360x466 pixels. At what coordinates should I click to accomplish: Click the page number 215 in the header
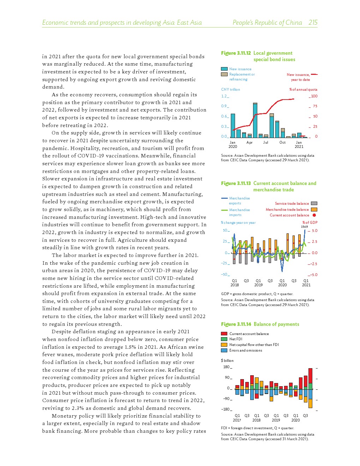point(313,23)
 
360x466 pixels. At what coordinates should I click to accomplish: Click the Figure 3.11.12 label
point(236,53)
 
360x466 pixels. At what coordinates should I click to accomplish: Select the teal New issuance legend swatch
point(224,69)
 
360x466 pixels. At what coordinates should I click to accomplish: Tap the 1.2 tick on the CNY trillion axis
point(224,96)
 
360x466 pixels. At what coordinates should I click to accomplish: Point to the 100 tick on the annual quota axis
point(314,96)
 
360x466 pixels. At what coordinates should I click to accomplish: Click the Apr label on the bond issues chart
point(250,143)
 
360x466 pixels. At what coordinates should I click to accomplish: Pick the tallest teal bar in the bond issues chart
point(255,121)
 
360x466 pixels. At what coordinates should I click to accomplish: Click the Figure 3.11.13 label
point(236,183)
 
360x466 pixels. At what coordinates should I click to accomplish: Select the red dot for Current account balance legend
point(314,215)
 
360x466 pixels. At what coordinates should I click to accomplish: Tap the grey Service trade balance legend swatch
point(314,203)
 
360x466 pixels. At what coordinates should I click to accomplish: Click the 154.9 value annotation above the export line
point(304,227)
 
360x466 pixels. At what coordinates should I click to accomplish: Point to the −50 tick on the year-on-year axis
point(224,274)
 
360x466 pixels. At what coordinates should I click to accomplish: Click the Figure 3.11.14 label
point(236,324)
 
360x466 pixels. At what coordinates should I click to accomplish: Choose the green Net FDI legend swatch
point(224,339)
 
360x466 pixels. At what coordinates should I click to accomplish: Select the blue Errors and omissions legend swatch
point(224,350)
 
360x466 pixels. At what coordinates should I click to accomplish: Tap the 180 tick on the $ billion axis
point(226,367)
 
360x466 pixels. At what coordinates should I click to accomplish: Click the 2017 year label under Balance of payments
point(237,420)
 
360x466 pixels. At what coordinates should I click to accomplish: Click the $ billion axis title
point(227,360)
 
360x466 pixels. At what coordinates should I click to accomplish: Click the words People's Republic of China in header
point(267,23)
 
